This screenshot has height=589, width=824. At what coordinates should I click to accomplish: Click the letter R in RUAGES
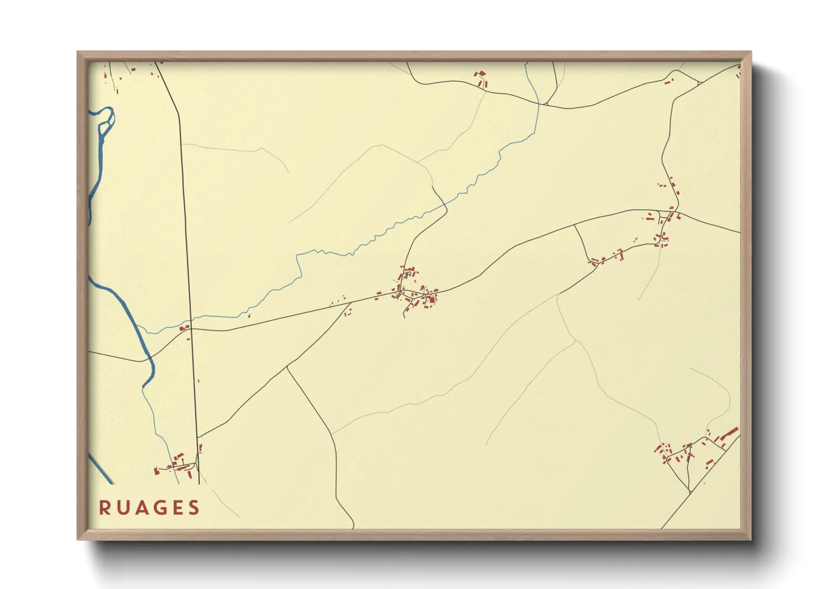click(104, 508)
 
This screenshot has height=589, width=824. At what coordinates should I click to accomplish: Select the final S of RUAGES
click(194, 508)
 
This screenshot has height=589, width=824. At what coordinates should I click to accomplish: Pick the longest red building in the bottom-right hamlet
click(730, 433)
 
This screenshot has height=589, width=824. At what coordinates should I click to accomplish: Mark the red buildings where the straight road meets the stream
click(184, 328)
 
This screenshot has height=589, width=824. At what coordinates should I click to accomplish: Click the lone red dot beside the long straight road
click(198, 380)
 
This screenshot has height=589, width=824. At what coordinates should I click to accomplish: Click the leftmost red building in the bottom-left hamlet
click(156, 472)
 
